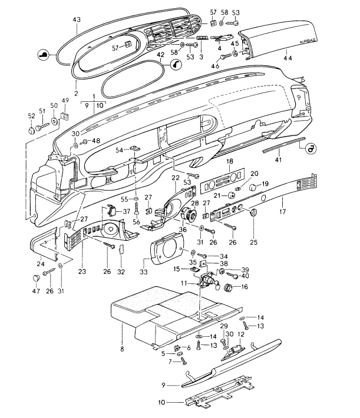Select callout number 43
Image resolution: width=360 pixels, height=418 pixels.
(x=77, y=19)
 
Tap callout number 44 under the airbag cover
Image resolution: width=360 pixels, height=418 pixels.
(x=287, y=59)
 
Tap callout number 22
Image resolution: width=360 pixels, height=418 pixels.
(x=176, y=178)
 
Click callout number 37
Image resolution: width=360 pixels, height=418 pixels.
(x=126, y=211)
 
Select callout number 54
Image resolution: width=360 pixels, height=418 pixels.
(x=118, y=151)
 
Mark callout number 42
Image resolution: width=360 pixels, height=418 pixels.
(x=161, y=55)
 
